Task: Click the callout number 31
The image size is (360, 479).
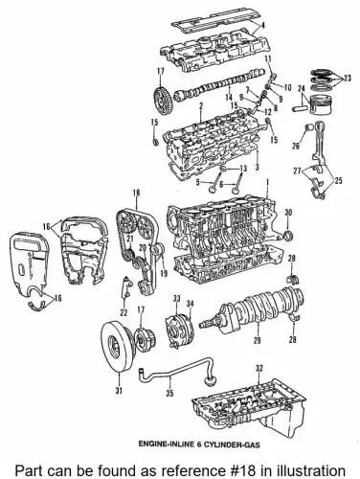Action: tap(119, 390)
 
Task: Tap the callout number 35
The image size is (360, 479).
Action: tap(169, 393)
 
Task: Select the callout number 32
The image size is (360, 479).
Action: tap(259, 369)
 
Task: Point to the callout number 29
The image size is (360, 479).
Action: tap(257, 341)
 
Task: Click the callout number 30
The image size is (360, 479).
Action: tap(288, 212)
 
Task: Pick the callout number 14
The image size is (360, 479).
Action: tap(228, 98)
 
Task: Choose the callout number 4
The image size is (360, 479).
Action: tap(262, 26)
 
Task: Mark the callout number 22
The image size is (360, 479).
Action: tap(124, 312)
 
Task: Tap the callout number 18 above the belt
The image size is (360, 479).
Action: tap(136, 193)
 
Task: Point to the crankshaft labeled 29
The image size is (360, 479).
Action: tap(252, 308)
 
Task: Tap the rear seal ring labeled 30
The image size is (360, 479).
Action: tap(287, 237)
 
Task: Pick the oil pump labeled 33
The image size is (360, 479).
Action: tap(178, 331)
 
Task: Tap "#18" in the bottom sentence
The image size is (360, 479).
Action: tap(241, 470)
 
